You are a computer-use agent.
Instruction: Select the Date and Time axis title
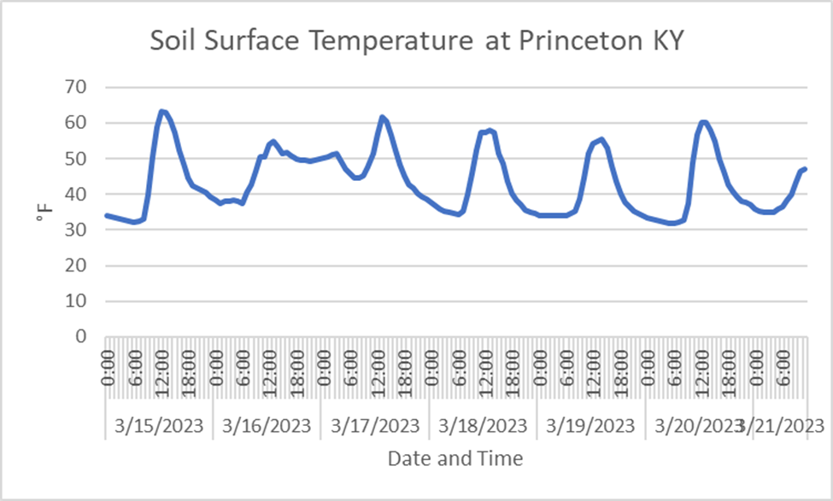pyautogui.click(x=455, y=458)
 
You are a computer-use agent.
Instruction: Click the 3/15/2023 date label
pyautogui.click(x=159, y=425)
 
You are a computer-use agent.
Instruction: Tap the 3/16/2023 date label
pyautogui.click(x=267, y=425)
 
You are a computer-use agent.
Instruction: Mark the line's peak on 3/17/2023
pyautogui.click(x=382, y=117)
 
